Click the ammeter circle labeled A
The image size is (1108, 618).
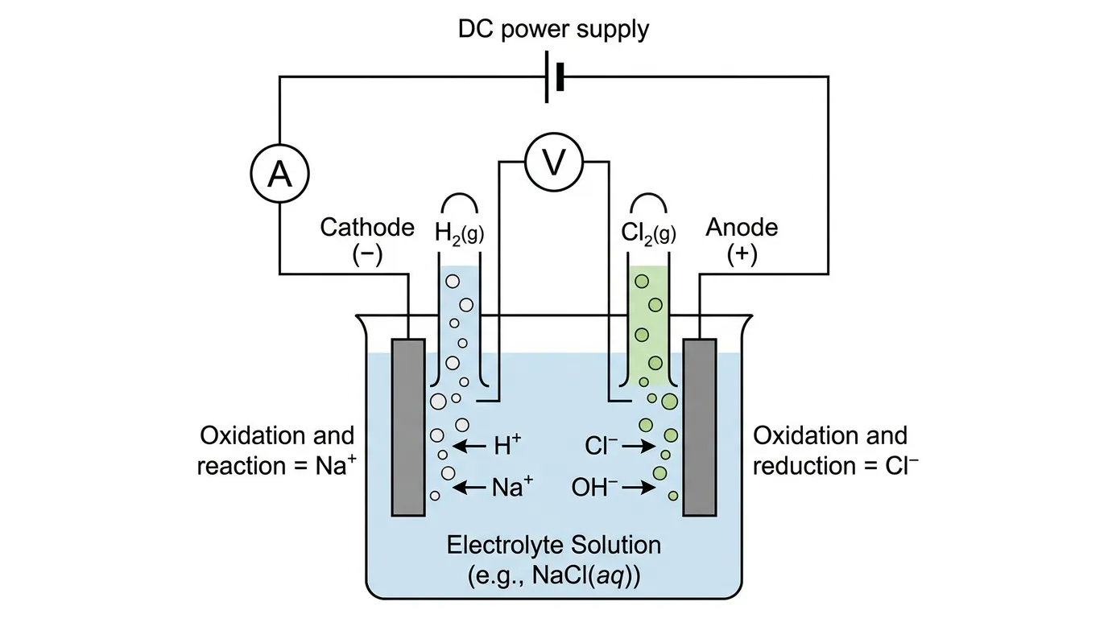(279, 174)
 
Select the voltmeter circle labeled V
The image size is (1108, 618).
(553, 163)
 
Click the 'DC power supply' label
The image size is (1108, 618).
(553, 30)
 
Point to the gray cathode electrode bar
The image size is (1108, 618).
(408, 426)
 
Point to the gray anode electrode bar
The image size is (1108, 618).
(699, 426)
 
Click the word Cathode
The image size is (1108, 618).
(367, 228)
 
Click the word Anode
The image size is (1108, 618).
(742, 228)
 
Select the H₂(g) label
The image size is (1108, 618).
(460, 233)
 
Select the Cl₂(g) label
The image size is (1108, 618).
(648, 233)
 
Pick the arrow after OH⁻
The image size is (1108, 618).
(639, 487)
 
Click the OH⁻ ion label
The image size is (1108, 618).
(594, 486)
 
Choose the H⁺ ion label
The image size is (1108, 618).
(507, 446)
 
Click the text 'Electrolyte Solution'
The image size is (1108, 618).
(553, 545)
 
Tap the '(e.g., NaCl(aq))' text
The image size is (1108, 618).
(553, 575)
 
